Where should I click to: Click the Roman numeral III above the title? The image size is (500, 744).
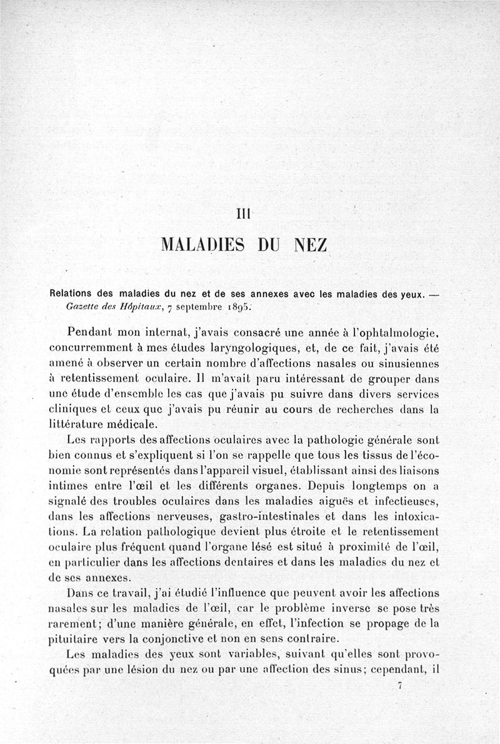pyautogui.click(x=244, y=213)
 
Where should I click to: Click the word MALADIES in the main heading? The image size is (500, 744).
pyautogui.click(x=201, y=243)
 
